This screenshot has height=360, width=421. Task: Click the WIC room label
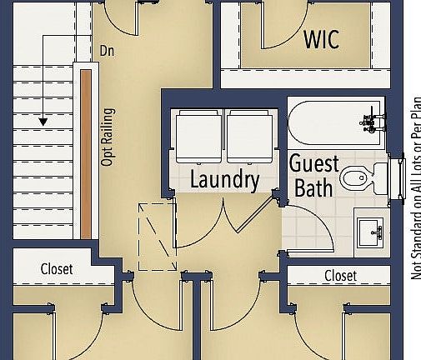(x=321, y=38)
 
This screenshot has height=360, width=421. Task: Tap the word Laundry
(x=224, y=178)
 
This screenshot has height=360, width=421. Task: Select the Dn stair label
(x=107, y=50)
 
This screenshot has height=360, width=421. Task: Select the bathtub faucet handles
(x=370, y=121)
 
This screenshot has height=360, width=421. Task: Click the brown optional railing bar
(x=86, y=153)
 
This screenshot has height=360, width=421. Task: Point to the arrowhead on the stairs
(x=42, y=122)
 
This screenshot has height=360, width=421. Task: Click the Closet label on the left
(x=57, y=269)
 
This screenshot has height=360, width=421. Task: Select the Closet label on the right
(x=340, y=276)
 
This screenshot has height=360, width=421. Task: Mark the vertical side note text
(x=414, y=187)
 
